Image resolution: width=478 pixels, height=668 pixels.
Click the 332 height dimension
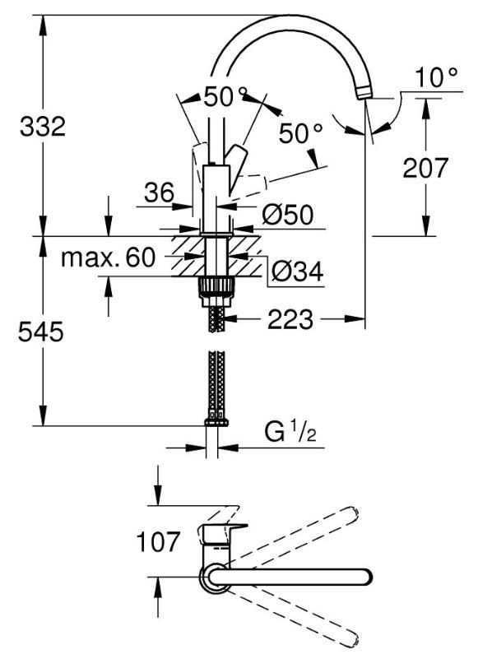tap(43, 127)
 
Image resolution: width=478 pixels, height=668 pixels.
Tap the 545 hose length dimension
tap(41, 332)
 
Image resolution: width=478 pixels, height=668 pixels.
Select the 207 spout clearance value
tap(425, 168)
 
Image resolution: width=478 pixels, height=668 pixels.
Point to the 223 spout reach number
tap(290, 319)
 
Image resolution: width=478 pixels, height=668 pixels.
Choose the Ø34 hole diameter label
tap(297, 271)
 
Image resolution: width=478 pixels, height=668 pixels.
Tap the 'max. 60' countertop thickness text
tap(109, 257)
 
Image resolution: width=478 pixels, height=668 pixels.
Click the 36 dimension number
tap(160, 193)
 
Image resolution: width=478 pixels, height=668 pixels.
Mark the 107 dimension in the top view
tap(159, 541)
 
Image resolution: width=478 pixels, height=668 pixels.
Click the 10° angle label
tap(436, 77)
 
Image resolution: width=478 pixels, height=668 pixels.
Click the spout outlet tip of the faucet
tap(365, 92)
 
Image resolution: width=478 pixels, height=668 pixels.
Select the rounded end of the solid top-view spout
tap(367, 577)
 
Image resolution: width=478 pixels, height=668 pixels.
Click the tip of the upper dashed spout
tap(353, 513)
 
